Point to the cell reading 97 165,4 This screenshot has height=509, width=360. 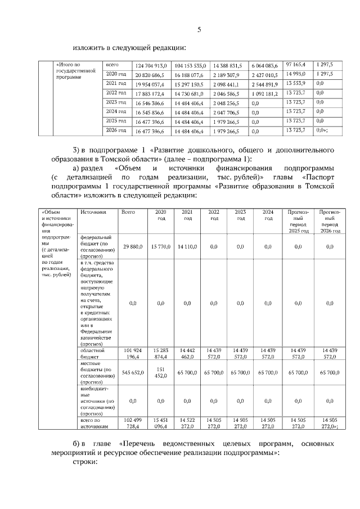pyautogui.click(x=296, y=65)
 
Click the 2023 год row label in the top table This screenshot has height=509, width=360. pyautogui.click(x=116, y=102)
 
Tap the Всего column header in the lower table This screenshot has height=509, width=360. pyautogui.click(x=128, y=212)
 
